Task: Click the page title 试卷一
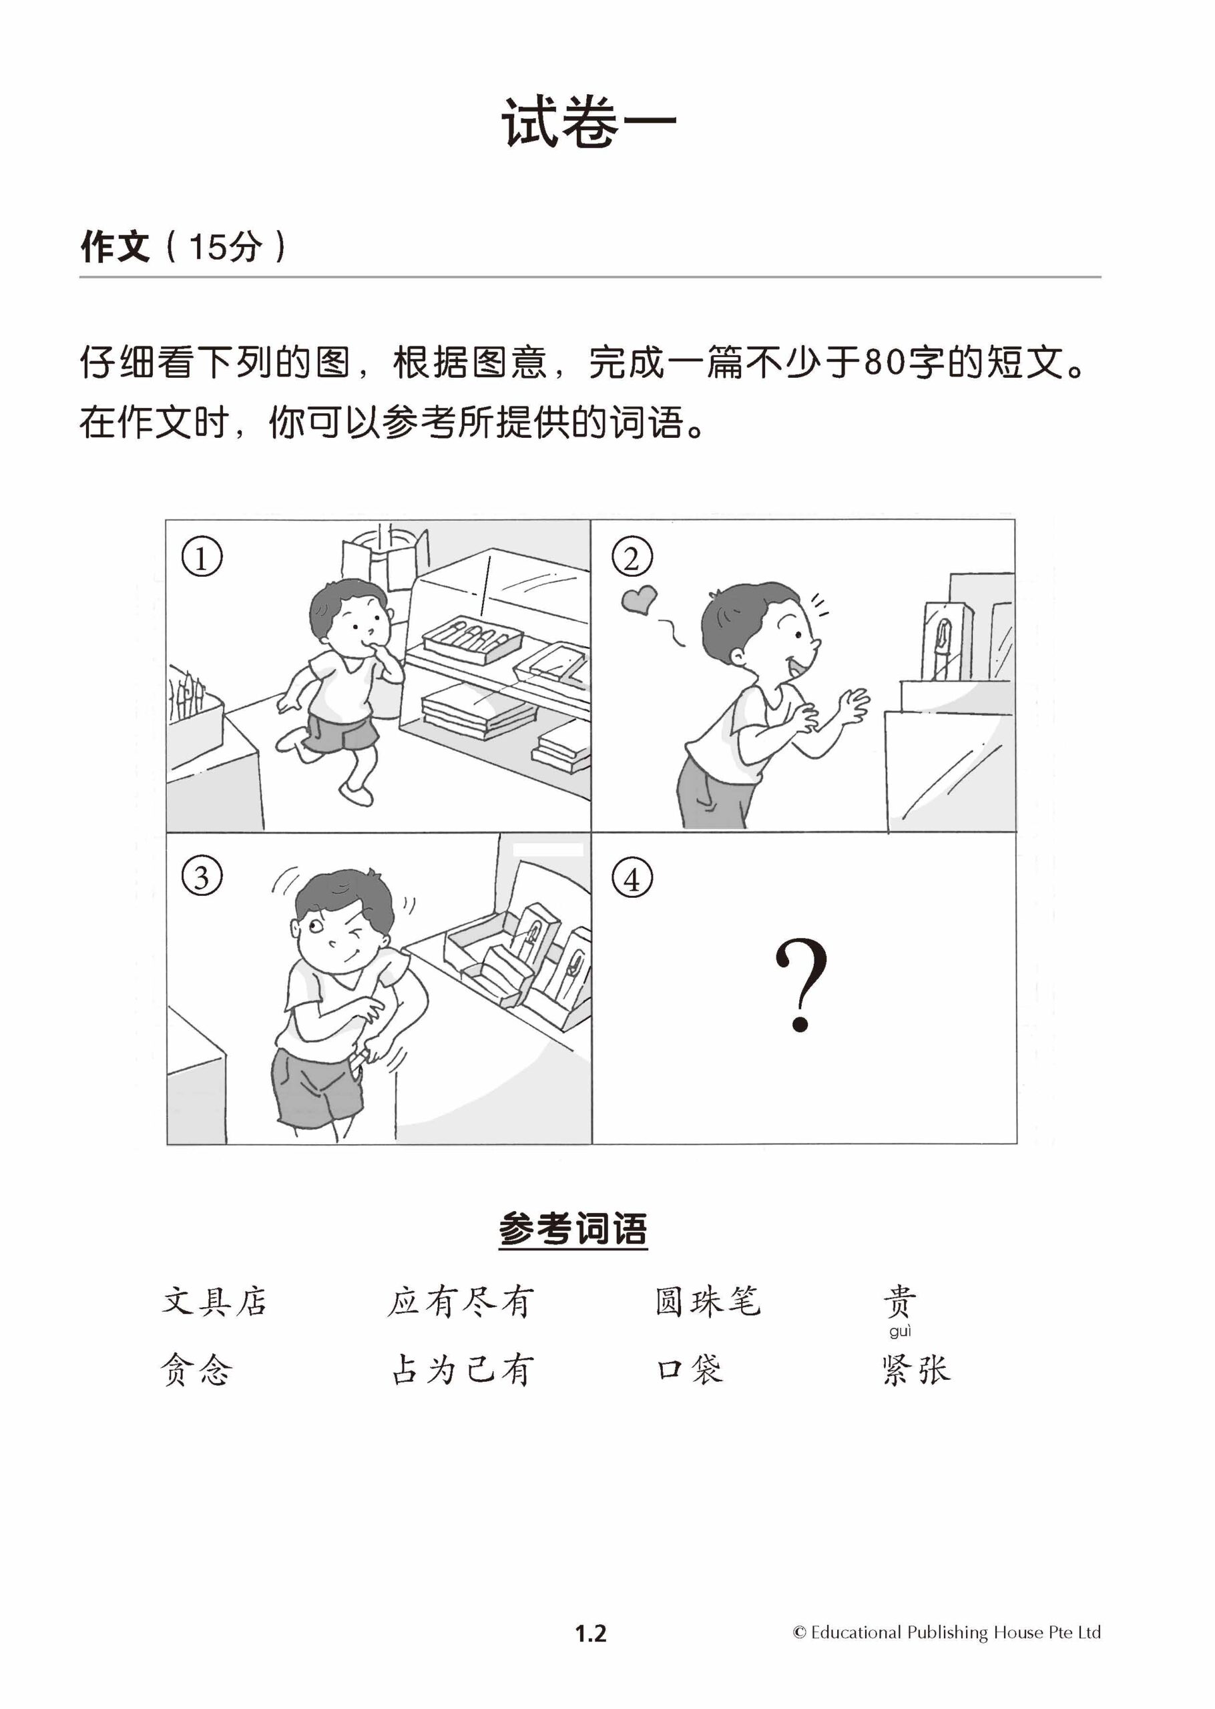pos(589,122)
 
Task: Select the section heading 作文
pos(115,246)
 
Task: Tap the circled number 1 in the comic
pos(202,557)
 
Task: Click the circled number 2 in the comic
pos(632,557)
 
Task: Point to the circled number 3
pos(202,877)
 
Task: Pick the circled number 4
pos(632,878)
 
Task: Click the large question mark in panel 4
pos(801,986)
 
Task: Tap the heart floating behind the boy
pos(639,600)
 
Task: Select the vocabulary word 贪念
pos(196,1370)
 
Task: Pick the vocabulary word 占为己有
pos(463,1370)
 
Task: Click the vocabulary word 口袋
pos(690,1370)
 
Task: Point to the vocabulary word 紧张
pos(916,1370)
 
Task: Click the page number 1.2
pos(590,1634)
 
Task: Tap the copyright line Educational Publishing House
pos(947,1633)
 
